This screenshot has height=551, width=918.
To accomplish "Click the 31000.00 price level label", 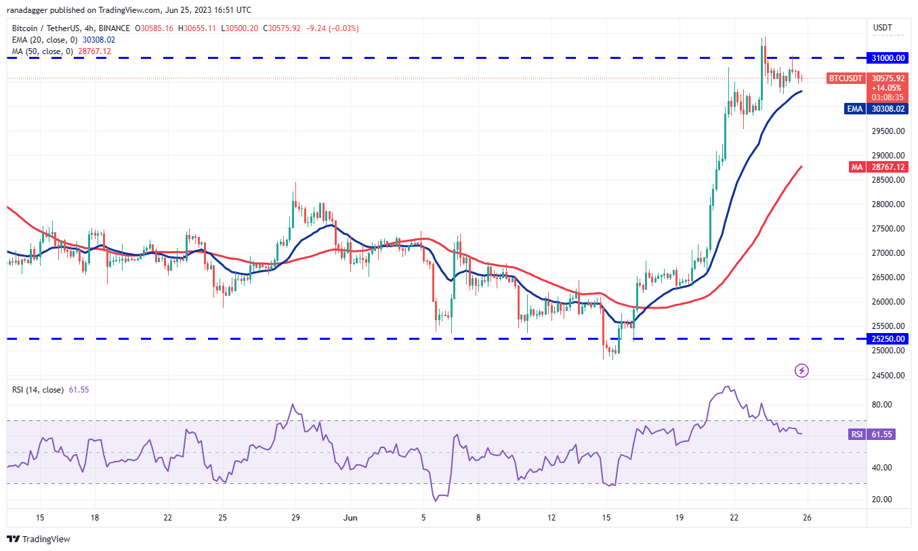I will click(x=890, y=58).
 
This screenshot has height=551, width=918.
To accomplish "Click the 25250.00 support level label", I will click(x=890, y=338).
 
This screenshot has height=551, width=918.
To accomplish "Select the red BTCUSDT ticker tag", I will click(x=846, y=79).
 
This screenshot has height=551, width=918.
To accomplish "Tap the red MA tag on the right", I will click(x=856, y=167).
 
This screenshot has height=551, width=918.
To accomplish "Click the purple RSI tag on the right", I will click(x=857, y=435).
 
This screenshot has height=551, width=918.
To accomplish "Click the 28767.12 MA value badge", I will click(x=889, y=167).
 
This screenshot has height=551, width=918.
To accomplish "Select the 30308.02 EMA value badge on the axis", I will click(x=889, y=108).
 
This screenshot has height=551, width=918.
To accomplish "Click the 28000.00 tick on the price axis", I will click(x=888, y=204).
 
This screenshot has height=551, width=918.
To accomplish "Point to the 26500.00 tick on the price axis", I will click(x=888, y=278).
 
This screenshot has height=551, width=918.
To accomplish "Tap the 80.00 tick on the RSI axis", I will click(x=881, y=405).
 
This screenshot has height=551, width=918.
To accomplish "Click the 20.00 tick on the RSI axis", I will click(x=881, y=500).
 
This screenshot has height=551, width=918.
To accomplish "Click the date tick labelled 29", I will click(x=295, y=518).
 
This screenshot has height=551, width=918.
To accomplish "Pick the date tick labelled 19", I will click(x=680, y=518).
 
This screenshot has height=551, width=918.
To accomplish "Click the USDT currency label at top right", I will click(x=883, y=28).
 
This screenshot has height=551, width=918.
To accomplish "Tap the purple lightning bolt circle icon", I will click(x=801, y=370).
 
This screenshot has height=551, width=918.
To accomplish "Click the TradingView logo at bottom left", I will click(x=39, y=539).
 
